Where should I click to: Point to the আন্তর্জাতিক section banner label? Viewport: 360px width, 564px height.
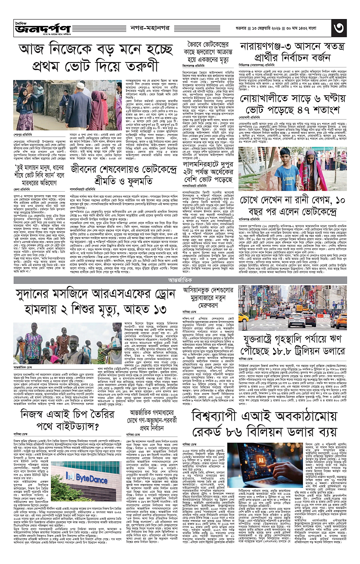(x=180, y=269)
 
